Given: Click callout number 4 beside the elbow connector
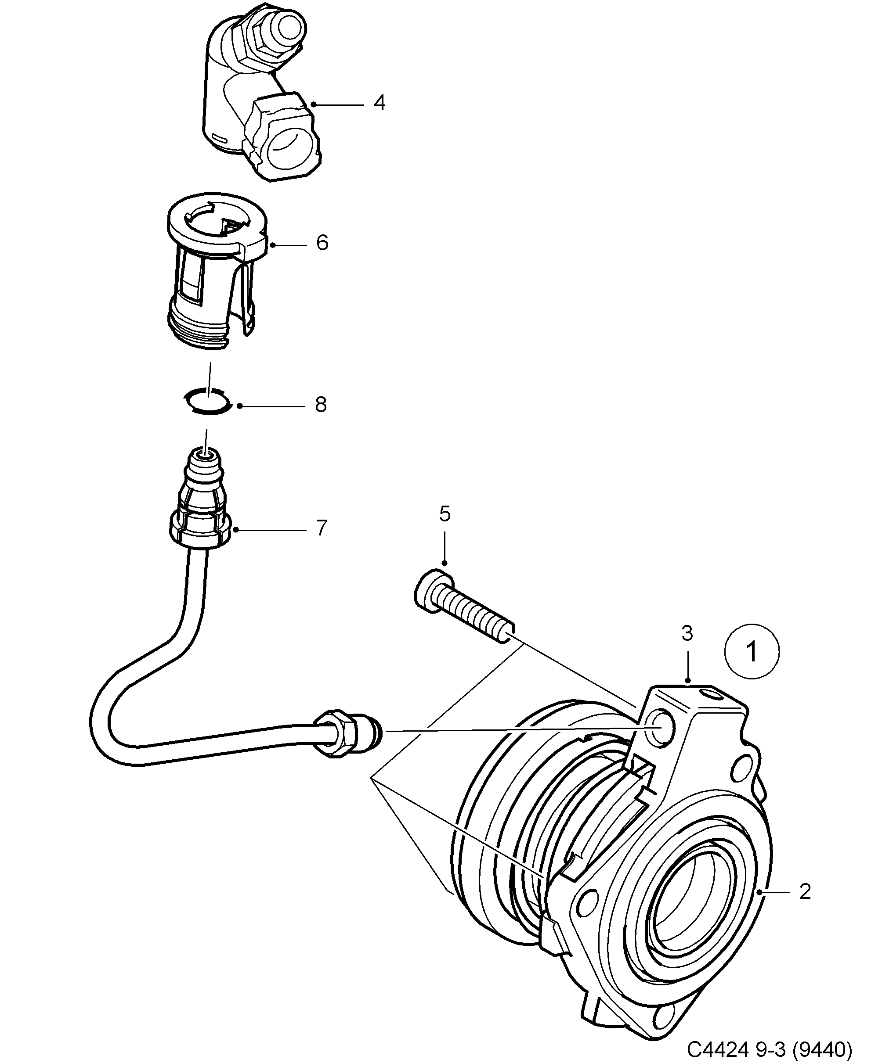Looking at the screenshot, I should point(380,103).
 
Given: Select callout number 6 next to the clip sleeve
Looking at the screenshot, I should point(322,243).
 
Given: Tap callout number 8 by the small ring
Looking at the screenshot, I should point(321,405).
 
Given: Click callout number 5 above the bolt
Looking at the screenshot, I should point(444,514).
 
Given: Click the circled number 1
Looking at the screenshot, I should point(752,651).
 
